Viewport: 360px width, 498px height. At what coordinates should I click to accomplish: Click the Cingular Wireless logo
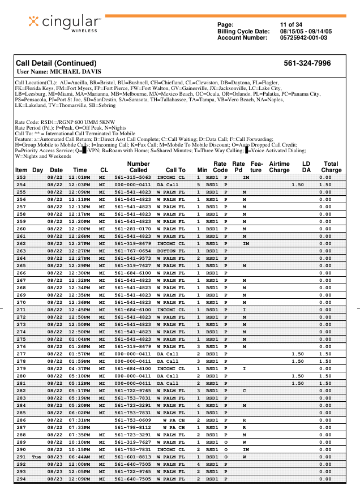point(64,23)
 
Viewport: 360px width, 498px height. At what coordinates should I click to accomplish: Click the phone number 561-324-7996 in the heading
point(307,63)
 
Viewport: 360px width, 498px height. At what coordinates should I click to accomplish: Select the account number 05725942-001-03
point(304,38)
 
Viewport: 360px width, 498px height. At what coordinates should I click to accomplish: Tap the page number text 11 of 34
point(291,24)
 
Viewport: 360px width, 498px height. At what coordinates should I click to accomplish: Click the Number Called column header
point(138,166)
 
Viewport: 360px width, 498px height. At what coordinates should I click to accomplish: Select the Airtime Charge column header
point(279,166)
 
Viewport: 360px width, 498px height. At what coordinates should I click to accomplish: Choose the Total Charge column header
point(331,166)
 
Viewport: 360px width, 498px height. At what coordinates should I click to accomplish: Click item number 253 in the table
point(21,177)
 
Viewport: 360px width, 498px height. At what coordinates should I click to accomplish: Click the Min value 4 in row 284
point(199,405)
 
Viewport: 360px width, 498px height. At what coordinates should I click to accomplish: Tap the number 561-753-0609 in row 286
point(132,420)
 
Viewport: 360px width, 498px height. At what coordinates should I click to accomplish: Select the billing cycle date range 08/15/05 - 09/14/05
point(306,31)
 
